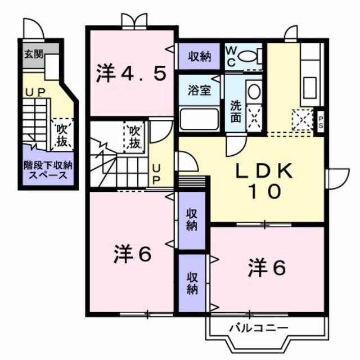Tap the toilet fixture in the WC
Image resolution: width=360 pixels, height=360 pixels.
click(x=250, y=56)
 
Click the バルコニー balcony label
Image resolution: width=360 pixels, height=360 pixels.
click(x=259, y=327)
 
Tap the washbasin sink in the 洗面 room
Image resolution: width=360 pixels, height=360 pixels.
click(x=253, y=92)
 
